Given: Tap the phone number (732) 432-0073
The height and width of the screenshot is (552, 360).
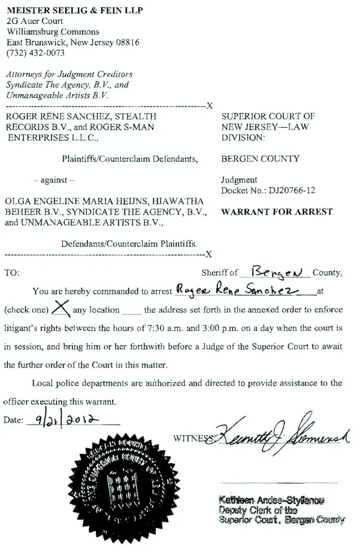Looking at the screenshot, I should (x=34, y=53).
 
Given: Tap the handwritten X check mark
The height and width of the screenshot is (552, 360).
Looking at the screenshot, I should (x=59, y=308).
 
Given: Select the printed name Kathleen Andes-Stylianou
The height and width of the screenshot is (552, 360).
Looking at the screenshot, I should (x=271, y=500).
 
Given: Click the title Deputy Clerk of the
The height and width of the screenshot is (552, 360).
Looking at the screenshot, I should (x=258, y=510).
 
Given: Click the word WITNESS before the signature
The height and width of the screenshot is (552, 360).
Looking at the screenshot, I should (x=192, y=438).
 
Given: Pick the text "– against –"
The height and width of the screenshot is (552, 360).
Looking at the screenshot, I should (x=54, y=179).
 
